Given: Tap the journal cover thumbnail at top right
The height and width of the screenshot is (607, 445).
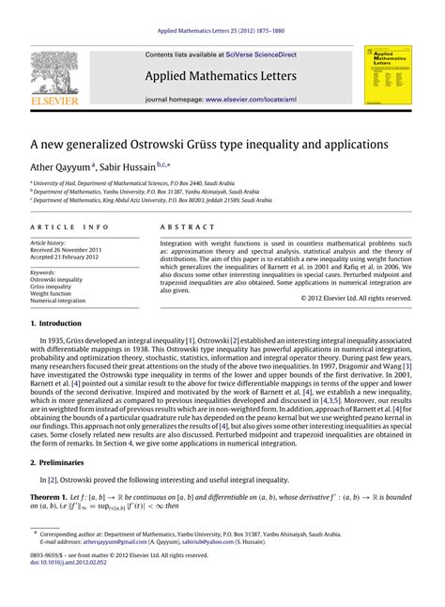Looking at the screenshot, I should coord(386,74).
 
